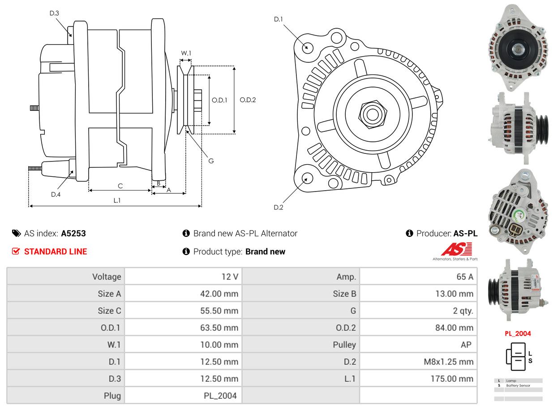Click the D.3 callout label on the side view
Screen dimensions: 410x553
point(54,13)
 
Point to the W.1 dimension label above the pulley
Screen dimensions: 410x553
point(186,53)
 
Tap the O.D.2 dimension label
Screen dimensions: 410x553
point(248,100)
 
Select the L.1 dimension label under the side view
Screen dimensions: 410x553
point(117,201)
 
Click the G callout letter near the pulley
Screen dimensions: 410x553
point(211,161)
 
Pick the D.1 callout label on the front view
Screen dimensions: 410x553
point(279,19)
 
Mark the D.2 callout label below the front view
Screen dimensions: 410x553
point(279,207)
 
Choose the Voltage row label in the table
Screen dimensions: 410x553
point(107,277)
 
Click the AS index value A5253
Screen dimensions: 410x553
point(73,233)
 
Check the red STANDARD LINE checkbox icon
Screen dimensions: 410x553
point(16,252)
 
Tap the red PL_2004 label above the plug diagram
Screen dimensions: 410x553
point(518,333)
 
